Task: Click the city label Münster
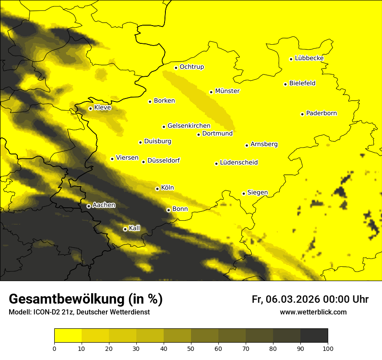tap(227, 91)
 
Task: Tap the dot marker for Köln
tap(157, 189)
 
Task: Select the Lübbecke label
tap(309, 58)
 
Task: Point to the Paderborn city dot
tap(302, 114)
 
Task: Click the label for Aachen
tap(104, 205)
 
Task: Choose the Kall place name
tap(134, 228)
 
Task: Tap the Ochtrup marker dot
tap(176, 68)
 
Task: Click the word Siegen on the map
tap(257, 192)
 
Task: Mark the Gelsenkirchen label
tap(189, 126)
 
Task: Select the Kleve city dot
tap(90, 108)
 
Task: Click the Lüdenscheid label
tap(239, 163)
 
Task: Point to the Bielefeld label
tap(302, 83)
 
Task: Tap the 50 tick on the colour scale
tap(191, 348)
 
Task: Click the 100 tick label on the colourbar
tap(328, 348)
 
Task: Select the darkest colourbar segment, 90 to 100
tap(314, 335)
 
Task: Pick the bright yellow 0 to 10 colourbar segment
tap(68, 335)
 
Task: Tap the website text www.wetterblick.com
tap(313, 312)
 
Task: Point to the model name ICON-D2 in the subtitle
tap(46, 312)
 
